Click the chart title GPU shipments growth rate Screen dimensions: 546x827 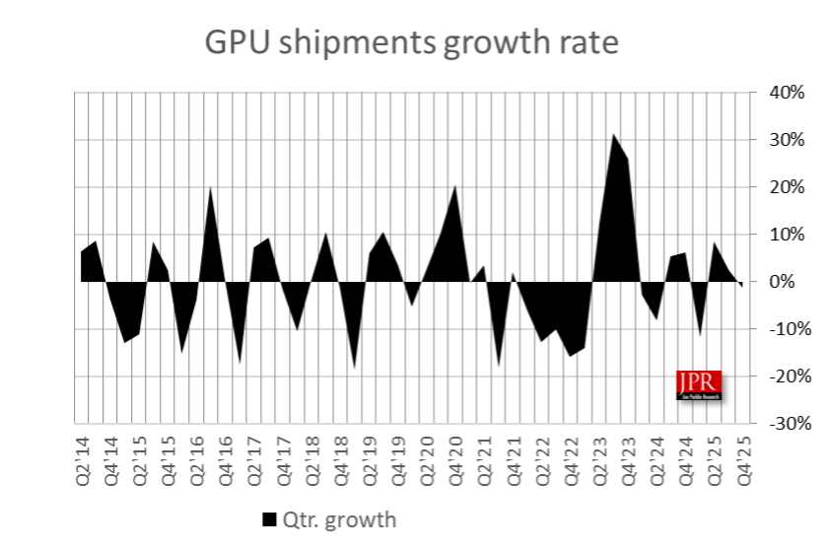[412, 43]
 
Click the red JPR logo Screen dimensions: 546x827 [699, 384]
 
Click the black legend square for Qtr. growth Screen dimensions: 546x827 [269, 518]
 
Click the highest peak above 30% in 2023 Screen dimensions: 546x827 [613, 135]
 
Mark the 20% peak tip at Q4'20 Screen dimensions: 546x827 [455, 186]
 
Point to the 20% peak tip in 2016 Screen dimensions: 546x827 [211, 187]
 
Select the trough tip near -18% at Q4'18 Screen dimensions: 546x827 [355, 368]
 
